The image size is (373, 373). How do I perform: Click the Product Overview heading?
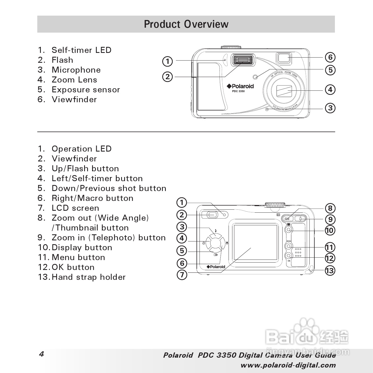(x=186, y=24)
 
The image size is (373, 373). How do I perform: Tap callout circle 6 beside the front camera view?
(x=330, y=57)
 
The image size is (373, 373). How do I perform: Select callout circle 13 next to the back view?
(x=330, y=271)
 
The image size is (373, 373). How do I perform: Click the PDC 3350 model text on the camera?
(x=238, y=91)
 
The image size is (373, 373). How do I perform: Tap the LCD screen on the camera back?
(x=255, y=242)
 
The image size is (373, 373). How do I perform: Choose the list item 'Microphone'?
(x=76, y=70)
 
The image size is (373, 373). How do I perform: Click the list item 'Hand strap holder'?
(x=88, y=277)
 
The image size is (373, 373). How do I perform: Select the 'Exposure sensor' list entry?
(x=86, y=90)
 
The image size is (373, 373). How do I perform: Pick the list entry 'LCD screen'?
(x=75, y=208)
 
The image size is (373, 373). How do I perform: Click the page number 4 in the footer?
(x=41, y=354)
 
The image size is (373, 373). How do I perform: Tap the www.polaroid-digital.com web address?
(x=288, y=365)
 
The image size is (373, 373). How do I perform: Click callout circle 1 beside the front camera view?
(x=168, y=61)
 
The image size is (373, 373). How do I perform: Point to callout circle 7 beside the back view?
(x=182, y=274)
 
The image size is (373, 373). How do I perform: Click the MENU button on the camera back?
(x=289, y=246)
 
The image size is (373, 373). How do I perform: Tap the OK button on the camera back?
(x=289, y=256)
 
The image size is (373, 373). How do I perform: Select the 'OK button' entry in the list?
(x=73, y=267)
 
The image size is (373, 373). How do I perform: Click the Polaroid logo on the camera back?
(x=216, y=267)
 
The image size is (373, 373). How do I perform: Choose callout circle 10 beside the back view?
(x=330, y=230)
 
